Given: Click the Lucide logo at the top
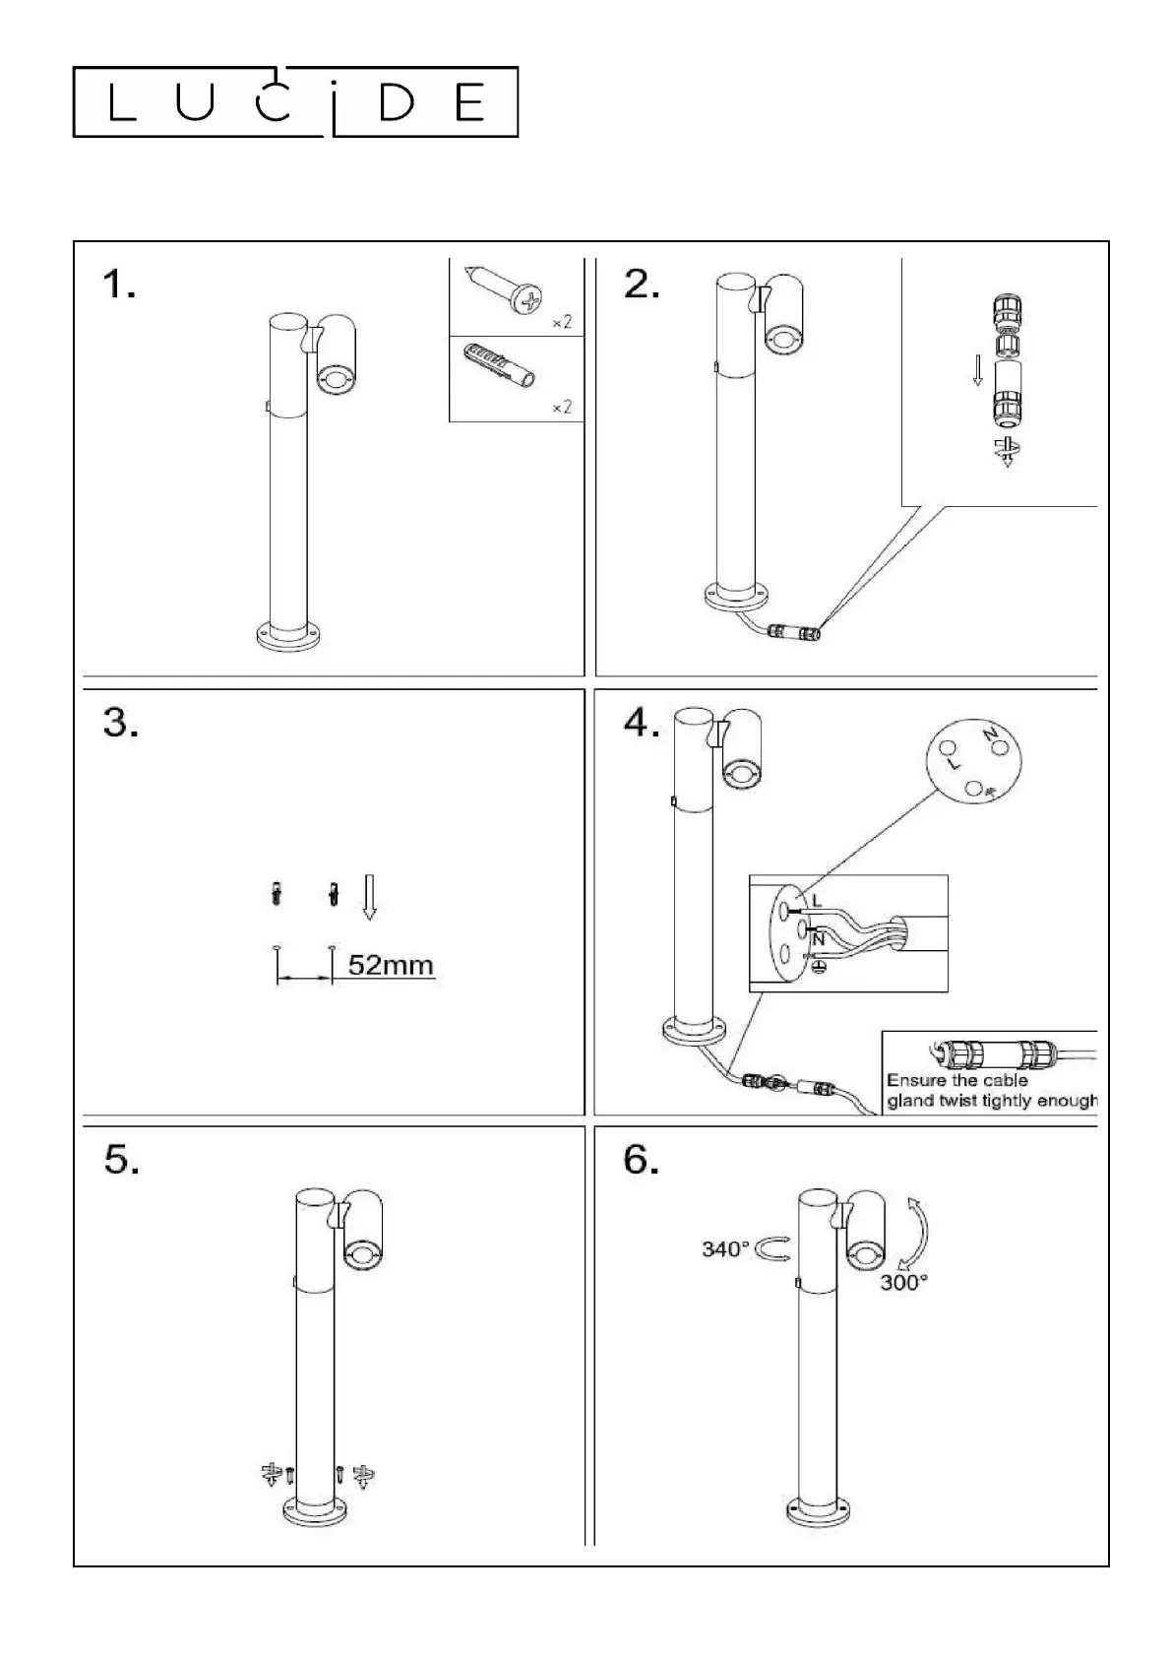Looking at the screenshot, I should click(295, 101).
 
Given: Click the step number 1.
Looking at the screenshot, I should click(119, 286).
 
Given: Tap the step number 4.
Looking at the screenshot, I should click(642, 724).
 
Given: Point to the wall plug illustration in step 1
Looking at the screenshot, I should click(501, 367).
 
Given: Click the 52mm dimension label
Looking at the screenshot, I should click(391, 965).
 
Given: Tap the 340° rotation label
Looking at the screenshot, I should click(725, 1248).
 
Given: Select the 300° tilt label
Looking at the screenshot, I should click(903, 1282).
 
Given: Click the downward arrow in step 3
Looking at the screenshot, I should click(369, 896).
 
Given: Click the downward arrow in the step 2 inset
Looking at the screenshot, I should click(977, 369).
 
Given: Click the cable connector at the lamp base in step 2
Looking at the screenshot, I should click(794, 631).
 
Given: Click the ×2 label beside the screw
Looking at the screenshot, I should click(561, 322).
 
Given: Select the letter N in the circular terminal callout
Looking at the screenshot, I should click(990, 733).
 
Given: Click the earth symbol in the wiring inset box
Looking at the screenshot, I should click(817, 967).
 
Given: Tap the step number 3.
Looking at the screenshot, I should click(121, 724).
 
